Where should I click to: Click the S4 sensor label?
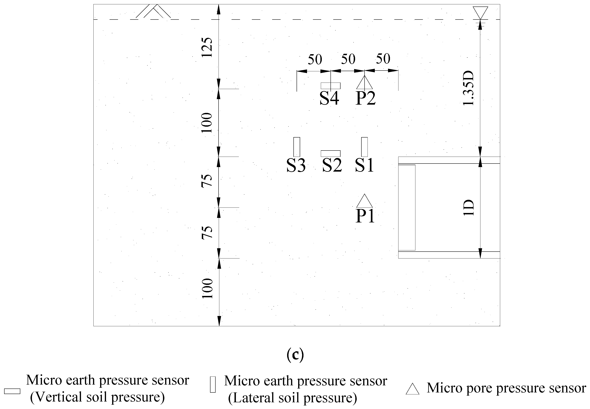(329, 98)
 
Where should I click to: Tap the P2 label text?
(366, 98)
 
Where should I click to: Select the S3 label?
(296, 165)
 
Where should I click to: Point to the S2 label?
(332, 165)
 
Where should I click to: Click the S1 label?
(364, 165)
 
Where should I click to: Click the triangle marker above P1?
(364, 201)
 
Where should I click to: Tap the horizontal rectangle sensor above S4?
(331, 86)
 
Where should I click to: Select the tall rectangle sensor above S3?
(297, 147)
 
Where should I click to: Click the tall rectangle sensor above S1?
(364, 147)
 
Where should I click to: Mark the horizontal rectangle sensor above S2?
(331, 153)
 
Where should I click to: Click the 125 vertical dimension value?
(207, 47)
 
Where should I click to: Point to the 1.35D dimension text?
(469, 88)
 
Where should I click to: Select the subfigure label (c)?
(295, 355)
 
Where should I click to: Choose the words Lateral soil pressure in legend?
(292, 398)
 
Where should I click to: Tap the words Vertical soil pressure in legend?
(97, 397)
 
